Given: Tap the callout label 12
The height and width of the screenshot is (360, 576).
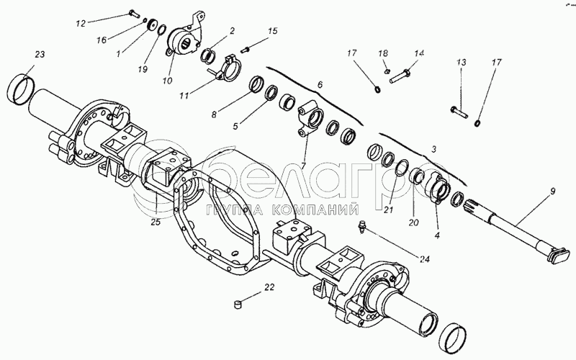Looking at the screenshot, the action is tap(81, 24).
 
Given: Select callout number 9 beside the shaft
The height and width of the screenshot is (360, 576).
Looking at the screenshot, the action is tap(552, 192).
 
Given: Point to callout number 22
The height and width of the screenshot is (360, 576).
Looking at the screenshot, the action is tap(269, 287).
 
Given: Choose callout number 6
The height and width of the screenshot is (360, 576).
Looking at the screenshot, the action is tap(320, 84).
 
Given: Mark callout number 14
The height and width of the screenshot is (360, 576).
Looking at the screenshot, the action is tap(419, 53).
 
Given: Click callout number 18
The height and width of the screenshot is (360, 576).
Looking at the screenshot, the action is tap(384, 54).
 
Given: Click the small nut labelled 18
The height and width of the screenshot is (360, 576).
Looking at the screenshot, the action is tap(386, 71).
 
